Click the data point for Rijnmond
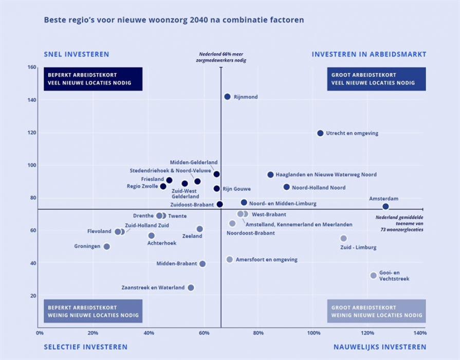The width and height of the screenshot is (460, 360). point(227,97)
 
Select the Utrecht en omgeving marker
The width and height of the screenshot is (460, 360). point(320,133)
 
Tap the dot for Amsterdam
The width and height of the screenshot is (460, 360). point(385,207)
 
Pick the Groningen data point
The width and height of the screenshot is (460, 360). point(107,246)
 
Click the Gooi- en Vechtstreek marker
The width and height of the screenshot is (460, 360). point(373,276)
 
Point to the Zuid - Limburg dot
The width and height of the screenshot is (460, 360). point(343,238)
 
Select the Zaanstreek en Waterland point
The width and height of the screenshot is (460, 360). point(191,287)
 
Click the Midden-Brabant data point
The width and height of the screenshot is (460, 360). point(203,264)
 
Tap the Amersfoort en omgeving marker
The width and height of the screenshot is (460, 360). point(229,260)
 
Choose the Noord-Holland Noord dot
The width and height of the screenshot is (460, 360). point(286,187)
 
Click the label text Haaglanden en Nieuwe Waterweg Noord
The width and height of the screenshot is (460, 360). point(326,175)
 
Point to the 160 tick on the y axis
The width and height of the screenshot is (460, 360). point(32,67)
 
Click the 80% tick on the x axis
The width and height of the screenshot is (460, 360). point(259,333)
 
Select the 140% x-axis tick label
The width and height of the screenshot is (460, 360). point(419,333)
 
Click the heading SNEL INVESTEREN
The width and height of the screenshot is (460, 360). point(76,54)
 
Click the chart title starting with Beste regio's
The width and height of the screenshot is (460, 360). point(174,20)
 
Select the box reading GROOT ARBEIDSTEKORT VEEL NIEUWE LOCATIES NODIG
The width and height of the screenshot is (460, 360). point(376,79)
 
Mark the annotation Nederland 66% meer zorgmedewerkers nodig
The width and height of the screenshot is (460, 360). point(221,57)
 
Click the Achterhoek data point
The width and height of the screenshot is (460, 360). point(151,236)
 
